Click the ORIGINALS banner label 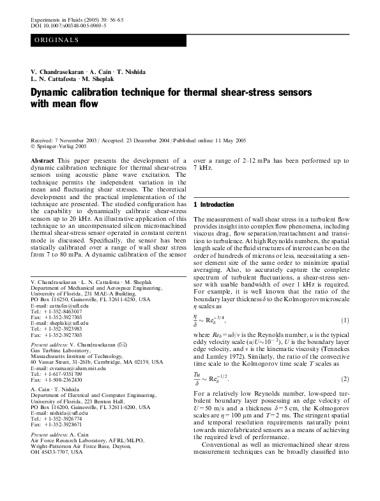point(57,40)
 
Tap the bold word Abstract point(42,160)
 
